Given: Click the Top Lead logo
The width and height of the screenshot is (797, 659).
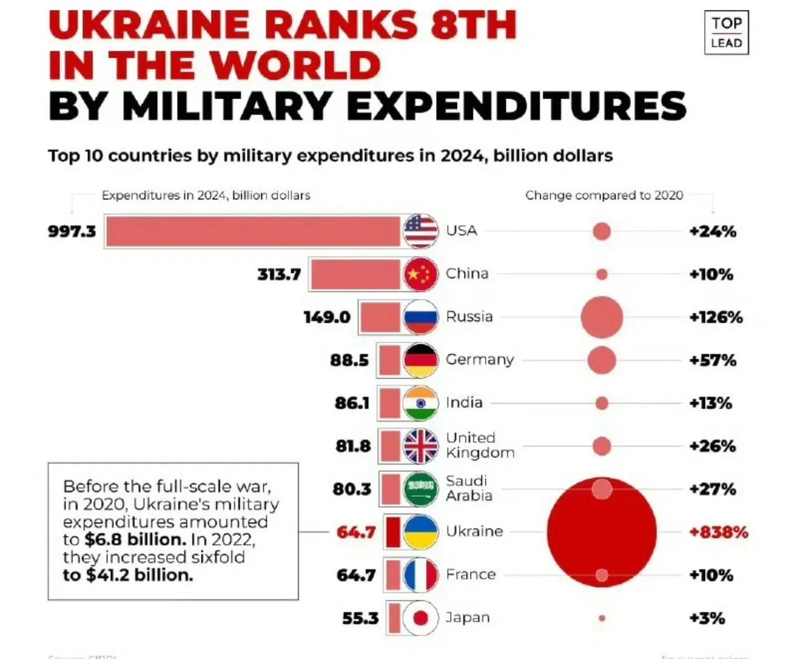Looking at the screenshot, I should (x=726, y=32).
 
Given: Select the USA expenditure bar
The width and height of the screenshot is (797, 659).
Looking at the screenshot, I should (x=253, y=232).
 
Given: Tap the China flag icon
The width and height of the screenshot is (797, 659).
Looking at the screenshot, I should (x=420, y=274).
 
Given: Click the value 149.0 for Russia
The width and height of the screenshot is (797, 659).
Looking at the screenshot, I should (x=327, y=317).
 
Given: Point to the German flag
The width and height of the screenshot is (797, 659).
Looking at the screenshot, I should (x=420, y=360).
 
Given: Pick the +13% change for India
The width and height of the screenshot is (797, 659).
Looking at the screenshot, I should (x=710, y=403).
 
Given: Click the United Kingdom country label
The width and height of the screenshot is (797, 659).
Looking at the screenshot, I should (x=479, y=445).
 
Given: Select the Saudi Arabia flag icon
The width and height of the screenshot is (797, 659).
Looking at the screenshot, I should (x=420, y=489).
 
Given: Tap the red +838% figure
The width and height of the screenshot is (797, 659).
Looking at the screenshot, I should (x=719, y=532).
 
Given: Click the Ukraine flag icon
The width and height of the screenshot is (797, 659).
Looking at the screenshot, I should (x=420, y=532).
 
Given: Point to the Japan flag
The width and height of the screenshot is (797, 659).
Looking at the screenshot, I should (x=420, y=618).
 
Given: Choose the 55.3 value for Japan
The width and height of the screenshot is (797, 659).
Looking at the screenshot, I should (x=360, y=618).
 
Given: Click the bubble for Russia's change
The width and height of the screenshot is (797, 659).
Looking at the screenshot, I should (x=601, y=317).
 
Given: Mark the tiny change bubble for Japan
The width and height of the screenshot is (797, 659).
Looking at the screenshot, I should (x=601, y=618).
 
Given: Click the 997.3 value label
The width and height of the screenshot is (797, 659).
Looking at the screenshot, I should (x=72, y=232).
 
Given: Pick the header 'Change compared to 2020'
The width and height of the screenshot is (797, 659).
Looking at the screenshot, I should (x=604, y=196).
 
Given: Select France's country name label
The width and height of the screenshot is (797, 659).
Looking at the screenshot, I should (x=471, y=574).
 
